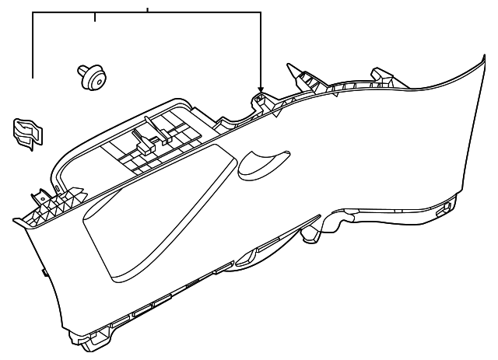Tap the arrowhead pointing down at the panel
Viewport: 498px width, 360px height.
[261, 89]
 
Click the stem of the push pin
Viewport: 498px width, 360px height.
[82, 71]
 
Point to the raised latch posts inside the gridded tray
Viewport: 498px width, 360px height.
[148, 136]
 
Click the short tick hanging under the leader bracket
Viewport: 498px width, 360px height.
[95, 19]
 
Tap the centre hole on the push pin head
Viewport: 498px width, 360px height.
[96, 78]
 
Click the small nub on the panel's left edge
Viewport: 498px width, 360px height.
[43, 273]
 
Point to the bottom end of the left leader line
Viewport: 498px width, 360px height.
[33, 78]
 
